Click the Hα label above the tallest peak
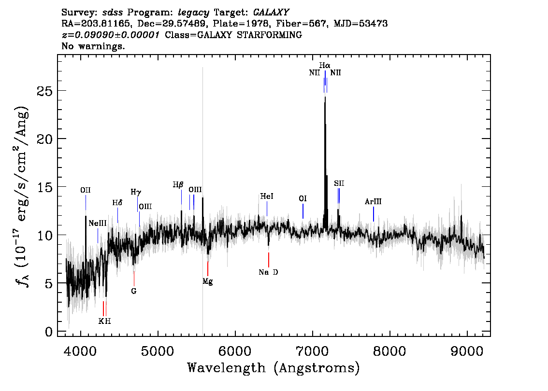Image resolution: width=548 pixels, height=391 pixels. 325,65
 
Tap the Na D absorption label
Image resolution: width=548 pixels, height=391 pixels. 268,272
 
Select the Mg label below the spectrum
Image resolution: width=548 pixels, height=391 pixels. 208,281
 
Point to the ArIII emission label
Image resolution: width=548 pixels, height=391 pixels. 373,201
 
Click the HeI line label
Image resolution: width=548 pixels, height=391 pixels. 267,196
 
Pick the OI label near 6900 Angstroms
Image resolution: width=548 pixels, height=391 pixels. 303,199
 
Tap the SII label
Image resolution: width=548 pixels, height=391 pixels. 339,183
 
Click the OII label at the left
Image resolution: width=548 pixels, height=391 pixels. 85,190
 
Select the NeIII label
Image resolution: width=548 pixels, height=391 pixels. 98,223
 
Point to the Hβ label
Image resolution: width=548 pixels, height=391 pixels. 178,185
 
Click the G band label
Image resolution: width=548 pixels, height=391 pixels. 134,291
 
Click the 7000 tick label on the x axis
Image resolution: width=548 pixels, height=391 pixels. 313,351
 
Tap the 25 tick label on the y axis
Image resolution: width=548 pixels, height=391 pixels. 45,91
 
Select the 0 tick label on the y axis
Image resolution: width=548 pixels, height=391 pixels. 49,331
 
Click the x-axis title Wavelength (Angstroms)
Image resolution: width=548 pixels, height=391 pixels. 274,368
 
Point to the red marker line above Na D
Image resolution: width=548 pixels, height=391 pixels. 268,260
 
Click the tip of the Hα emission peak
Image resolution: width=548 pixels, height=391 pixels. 325,97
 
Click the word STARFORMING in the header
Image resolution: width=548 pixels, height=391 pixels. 270,35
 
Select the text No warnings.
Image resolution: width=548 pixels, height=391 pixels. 93,46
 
